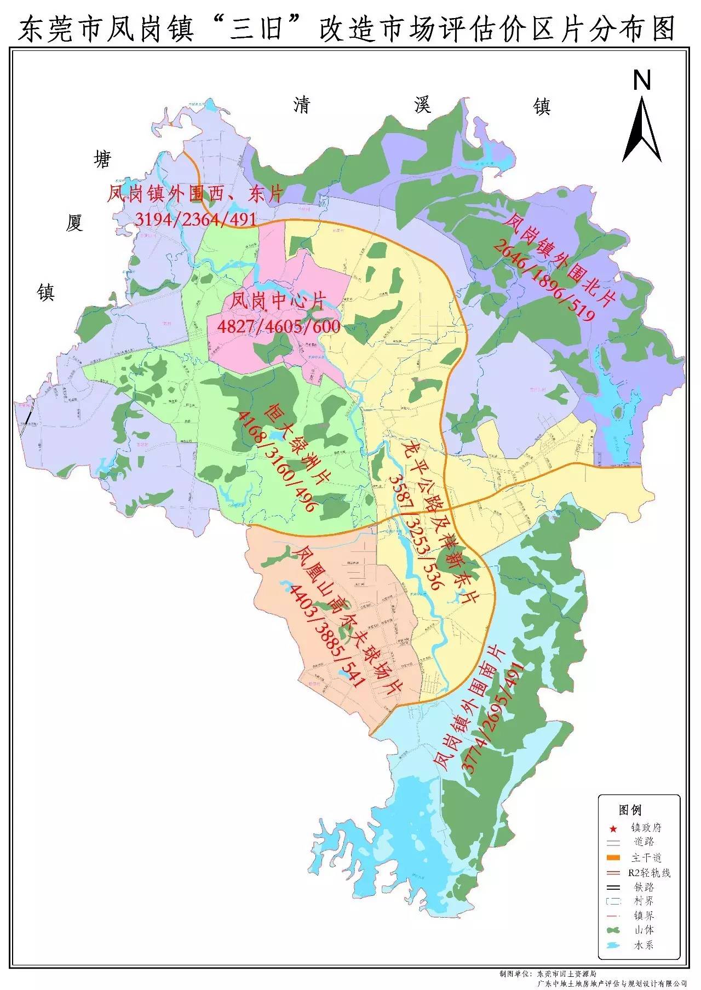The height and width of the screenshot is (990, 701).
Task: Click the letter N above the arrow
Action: [x=641, y=81]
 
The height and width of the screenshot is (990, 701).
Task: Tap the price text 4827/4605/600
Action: [x=279, y=327]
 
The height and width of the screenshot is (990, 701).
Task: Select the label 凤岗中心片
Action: [x=278, y=301]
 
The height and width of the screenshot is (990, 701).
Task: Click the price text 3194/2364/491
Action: [x=196, y=219]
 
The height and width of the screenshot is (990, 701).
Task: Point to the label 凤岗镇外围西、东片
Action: [x=195, y=194]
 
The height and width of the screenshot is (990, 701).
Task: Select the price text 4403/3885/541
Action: [x=326, y=638]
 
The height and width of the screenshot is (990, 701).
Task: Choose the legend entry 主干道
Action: [x=646, y=857]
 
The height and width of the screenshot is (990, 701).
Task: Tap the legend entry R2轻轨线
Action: [x=649, y=873]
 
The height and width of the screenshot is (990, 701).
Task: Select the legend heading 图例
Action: [x=630, y=810]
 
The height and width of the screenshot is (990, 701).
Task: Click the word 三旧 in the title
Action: [x=256, y=30]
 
